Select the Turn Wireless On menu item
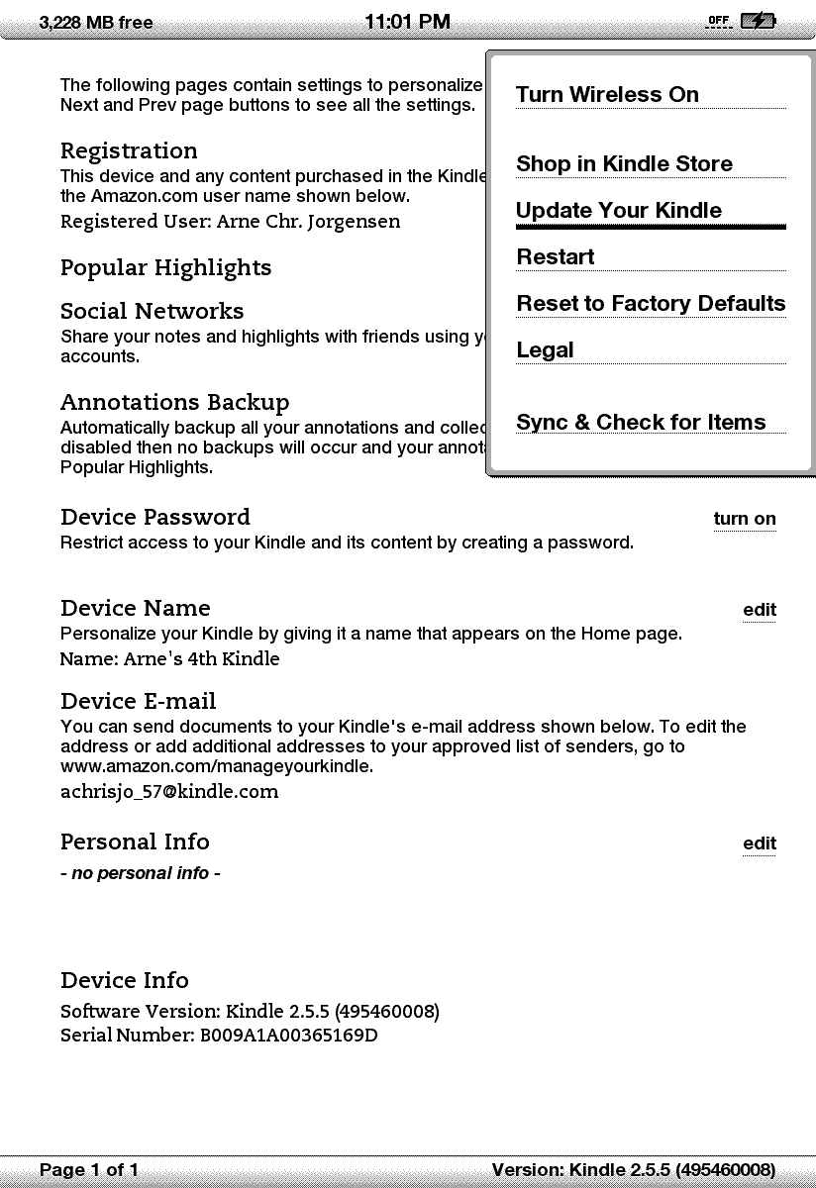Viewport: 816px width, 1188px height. click(607, 95)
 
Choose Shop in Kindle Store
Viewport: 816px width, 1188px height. click(624, 164)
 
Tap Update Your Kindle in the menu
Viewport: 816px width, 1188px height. click(619, 211)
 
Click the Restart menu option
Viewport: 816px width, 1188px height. click(556, 257)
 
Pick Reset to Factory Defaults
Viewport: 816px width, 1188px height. click(651, 304)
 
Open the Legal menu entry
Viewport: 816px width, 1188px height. click(545, 350)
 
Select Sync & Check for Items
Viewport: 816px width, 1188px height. click(641, 423)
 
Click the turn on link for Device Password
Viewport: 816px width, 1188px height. click(745, 520)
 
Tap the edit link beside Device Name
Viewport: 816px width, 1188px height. click(760, 610)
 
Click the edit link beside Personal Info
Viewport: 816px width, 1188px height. click(760, 843)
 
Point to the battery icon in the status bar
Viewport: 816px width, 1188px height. click(759, 21)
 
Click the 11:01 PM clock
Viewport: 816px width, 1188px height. click(407, 22)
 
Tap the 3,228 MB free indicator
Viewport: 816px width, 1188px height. click(96, 23)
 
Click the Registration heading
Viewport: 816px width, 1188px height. click(129, 151)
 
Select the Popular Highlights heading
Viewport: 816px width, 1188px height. click(165, 268)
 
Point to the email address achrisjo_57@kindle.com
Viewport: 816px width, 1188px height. click(169, 792)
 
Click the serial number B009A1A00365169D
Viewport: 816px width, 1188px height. click(289, 1037)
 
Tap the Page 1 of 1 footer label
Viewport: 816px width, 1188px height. click(89, 1170)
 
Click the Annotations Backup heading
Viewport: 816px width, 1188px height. click(175, 403)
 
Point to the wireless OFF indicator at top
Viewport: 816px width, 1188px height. click(718, 21)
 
